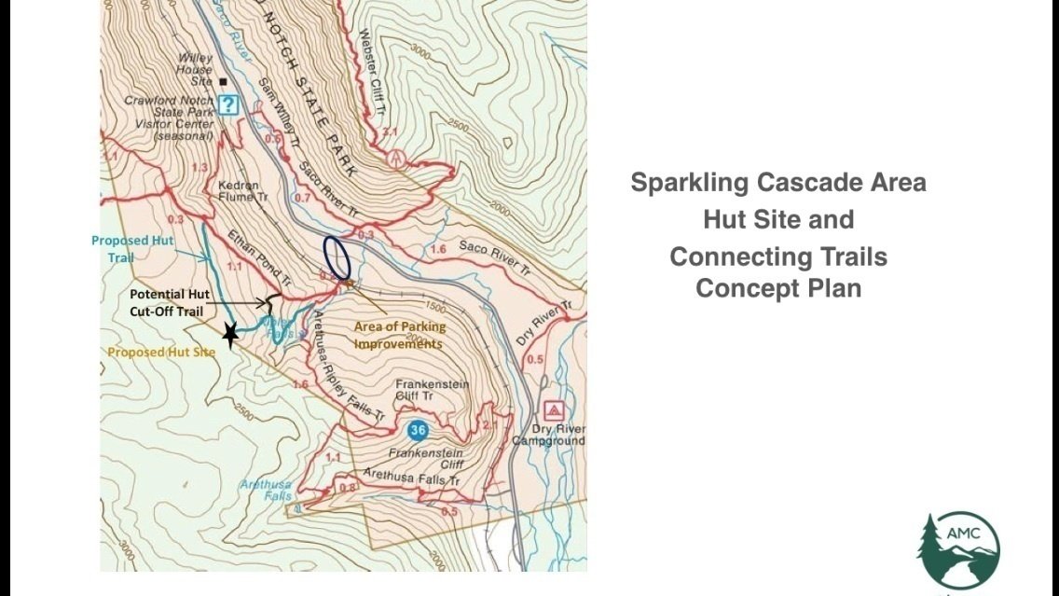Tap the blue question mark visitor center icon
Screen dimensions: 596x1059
click(x=228, y=104)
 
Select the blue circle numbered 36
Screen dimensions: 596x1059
click(x=417, y=430)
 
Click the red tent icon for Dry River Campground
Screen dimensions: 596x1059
click(x=554, y=409)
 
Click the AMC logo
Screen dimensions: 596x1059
click(x=958, y=550)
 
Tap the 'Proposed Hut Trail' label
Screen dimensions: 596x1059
click(x=132, y=248)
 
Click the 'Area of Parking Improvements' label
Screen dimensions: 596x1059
click(x=399, y=335)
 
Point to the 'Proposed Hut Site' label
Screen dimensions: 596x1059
click(x=161, y=352)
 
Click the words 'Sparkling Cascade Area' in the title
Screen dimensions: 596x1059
click(x=778, y=182)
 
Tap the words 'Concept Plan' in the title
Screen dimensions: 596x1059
click(x=778, y=288)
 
